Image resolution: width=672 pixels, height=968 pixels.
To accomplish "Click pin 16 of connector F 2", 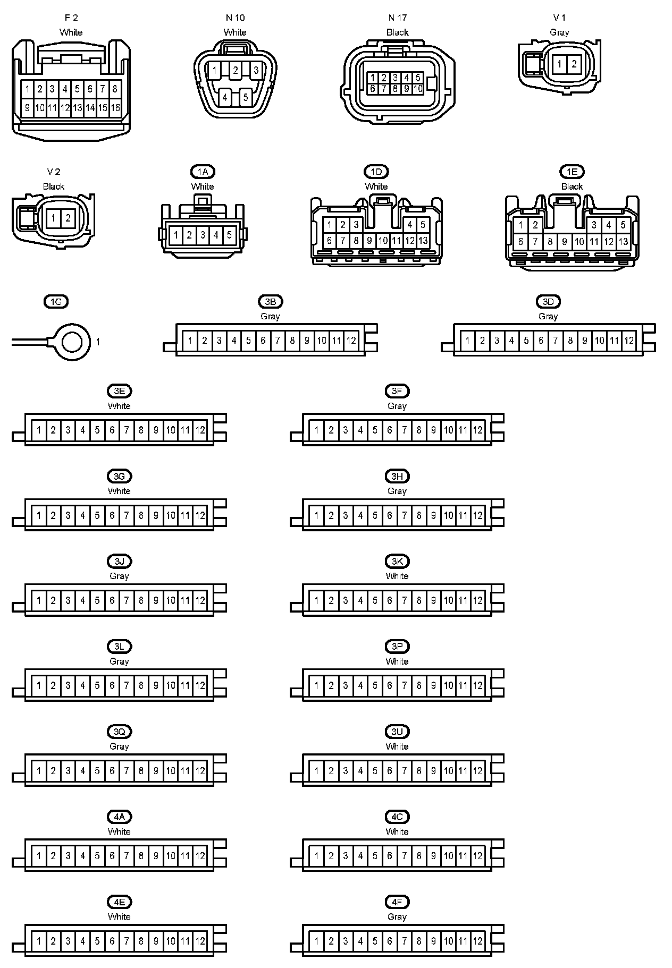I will point(115,108).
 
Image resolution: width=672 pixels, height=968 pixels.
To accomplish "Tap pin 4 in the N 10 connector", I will point(225,97).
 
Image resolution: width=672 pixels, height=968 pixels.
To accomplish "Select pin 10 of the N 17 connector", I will point(418,89).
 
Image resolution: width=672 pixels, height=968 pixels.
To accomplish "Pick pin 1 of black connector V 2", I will point(54,218).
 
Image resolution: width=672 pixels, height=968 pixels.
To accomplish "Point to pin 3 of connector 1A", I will point(203,235).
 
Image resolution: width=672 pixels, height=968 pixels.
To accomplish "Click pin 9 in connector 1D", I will point(369,241).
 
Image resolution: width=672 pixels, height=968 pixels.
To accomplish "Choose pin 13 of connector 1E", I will point(623,242).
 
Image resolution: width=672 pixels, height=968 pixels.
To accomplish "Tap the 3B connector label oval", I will point(270,302).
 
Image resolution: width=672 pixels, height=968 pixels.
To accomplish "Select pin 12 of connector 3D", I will point(629,341).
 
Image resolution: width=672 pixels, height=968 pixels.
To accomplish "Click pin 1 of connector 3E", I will point(39,430).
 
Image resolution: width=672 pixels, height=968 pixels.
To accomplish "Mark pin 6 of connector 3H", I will point(390,515).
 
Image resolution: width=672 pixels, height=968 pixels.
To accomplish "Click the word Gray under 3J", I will point(119,576).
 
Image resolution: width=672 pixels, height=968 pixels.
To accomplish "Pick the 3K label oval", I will point(397,562).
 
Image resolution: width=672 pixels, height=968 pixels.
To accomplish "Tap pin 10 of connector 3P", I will point(449,685).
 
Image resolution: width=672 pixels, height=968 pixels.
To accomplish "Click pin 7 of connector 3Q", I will point(127,770).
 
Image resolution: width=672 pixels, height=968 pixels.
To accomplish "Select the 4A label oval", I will point(119,817).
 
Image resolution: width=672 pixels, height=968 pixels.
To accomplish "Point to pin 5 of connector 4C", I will point(375,855).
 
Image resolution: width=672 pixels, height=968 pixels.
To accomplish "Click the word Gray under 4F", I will point(397,916).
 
